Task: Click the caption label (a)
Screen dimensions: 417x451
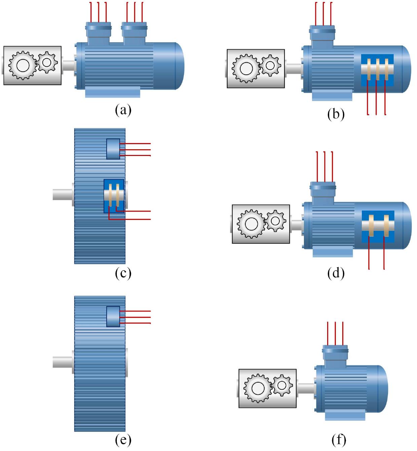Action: (x=123, y=110)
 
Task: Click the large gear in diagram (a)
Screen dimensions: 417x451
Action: (x=23, y=65)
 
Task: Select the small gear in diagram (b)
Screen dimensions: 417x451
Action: (x=270, y=66)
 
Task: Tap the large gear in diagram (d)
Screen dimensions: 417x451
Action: (x=251, y=224)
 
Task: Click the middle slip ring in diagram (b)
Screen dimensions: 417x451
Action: (x=378, y=69)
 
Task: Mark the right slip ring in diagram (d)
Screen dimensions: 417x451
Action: (x=386, y=226)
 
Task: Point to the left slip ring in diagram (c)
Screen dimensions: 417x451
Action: (x=110, y=195)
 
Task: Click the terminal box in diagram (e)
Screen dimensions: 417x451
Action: (x=113, y=317)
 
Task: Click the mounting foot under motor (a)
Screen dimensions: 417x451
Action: (x=113, y=92)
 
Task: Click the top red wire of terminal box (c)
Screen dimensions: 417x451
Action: (x=135, y=143)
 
